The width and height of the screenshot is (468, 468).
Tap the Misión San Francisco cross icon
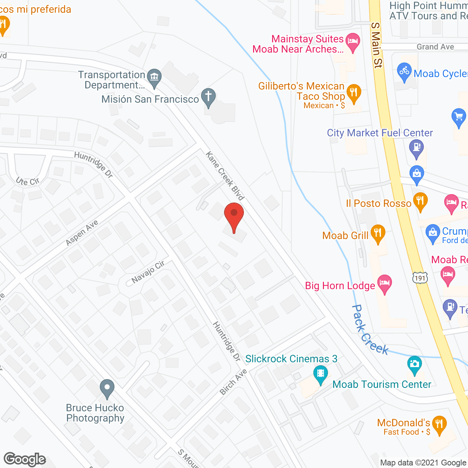pyautogui.click(x=208, y=97)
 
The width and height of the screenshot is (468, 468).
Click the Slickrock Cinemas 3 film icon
pyautogui.click(x=321, y=374)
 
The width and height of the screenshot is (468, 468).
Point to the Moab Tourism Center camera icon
pyautogui.click(x=414, y=365)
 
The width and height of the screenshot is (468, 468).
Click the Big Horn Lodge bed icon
pyautogui.click(x=384, y=284)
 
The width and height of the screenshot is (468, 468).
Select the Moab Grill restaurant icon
pyautogui.click(x=378, y=233)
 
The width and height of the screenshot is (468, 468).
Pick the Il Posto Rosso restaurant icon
pyautogui.click(x=420, y=201)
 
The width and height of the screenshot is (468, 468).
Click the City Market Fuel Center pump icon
pyautogui.click(x=416, y=148)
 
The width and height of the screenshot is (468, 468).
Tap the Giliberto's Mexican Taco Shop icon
pyautogui.click(x=354, y=93)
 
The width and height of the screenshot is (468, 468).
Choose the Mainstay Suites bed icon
pyautogui.click(x=353, y=41)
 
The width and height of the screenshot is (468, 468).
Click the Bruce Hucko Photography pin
pyautogui.click(x=107, y=388)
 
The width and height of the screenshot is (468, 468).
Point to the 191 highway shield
pyautogui.click(x=420, y=278)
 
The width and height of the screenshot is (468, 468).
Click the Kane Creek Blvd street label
pyautogui.click(x=225, y=176)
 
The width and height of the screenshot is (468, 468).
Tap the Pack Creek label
pyautogui.click(x=369, y=330)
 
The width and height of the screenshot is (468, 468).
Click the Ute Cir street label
pyautogui.click(x=27, y=181)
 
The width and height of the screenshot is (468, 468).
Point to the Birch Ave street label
pyautogui.click(x=233, y=382)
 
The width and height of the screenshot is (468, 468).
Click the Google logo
pyautogui.click(x=25, y=459)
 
